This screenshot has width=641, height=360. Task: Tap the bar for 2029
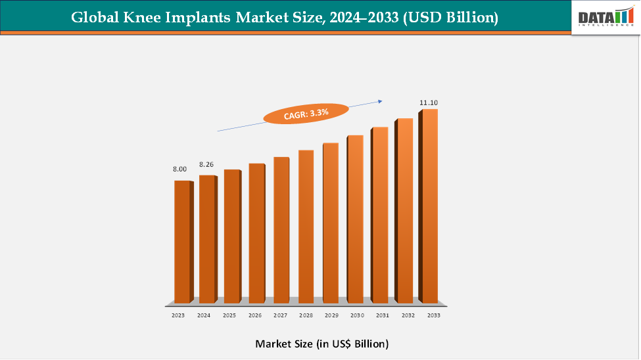tap(331, 223)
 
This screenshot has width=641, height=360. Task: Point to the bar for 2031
tap(380, 215)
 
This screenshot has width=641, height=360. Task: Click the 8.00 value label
tap(179, 169)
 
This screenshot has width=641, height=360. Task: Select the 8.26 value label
tap(206, 164)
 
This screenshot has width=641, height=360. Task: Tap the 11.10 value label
tap(429, 103)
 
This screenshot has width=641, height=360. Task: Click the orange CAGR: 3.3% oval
tap(306, 114)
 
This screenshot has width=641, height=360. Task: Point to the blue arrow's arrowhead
tap(379, 101)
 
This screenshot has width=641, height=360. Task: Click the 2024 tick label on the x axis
tap(204, 316)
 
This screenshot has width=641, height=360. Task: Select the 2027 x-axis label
tap(280, 316)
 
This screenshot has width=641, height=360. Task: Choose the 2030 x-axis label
tap(356, 316)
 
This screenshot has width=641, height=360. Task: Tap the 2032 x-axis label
tap(407, 316)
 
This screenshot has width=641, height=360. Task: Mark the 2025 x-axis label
tap(229, 316)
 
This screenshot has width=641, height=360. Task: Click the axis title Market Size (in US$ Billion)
tap(321, 344)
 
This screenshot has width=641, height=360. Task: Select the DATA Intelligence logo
tap(604, 17)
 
